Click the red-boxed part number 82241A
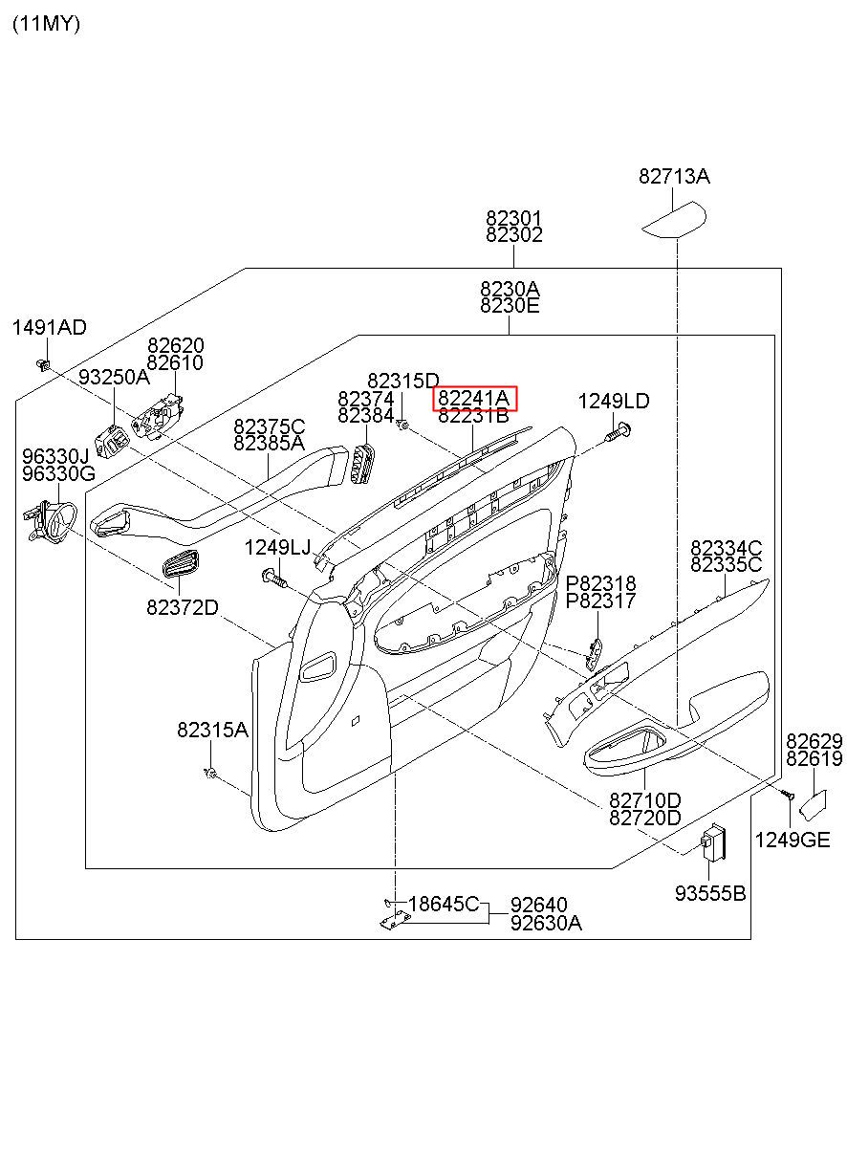(475, 398)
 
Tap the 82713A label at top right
(674, 176)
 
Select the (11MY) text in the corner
(46, 25)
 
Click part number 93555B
(710, 893)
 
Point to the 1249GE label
(792, 840)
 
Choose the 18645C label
(444, 904)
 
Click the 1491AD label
(49, 328)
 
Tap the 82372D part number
(183, 607)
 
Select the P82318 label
(600, 583)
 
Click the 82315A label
(212, 730)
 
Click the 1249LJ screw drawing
(274, 578)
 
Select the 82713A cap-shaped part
(673, 220)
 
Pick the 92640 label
(538, 905)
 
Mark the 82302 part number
(513, 235)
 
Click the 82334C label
(727, 548)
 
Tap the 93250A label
(114, 377)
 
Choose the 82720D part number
(645, 818)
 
